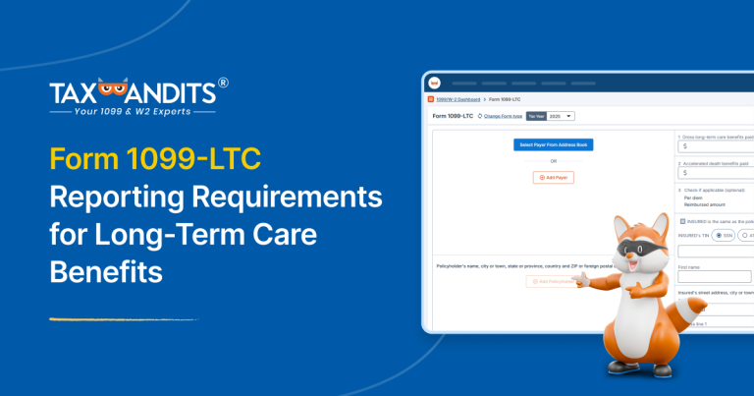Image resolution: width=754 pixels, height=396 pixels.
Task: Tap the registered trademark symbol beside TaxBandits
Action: coord(223,85)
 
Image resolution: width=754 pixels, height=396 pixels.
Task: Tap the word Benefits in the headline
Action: coord(106,270)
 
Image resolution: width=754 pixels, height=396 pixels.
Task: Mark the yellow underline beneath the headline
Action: coord(123,319)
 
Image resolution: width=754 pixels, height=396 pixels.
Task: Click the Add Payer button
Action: coord(554,177)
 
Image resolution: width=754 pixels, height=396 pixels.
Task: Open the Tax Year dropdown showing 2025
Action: coord(561,116)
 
